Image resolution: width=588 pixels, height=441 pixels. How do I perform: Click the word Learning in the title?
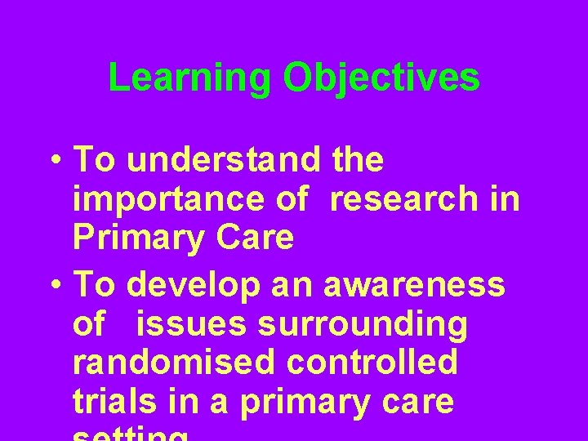point(189,78)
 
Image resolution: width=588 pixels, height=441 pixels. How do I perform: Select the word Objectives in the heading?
point(381,78)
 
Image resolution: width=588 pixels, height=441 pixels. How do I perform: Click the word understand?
point(225,161)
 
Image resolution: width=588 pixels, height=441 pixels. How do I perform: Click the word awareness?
point(415,286)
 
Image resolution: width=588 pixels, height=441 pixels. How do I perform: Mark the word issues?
point(191,324)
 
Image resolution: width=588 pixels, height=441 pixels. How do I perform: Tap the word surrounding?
point(363,324)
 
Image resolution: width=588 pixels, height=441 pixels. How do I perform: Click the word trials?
point(111,401)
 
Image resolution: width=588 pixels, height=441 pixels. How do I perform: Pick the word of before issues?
point(89,324)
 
